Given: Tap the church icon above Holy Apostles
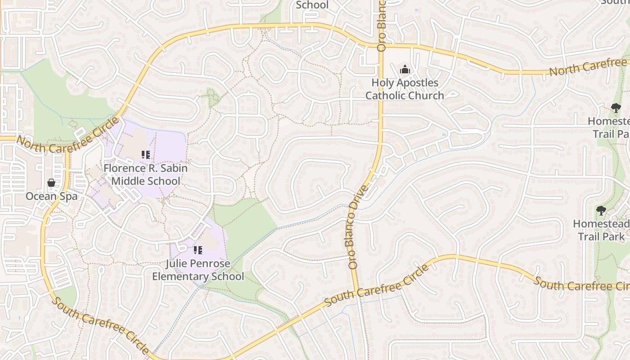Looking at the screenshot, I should tap(405, 70).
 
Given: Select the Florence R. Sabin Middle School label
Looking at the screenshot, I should tap(145, 175).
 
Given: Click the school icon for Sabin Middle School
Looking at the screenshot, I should tap(145, 155).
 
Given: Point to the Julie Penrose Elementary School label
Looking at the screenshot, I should tap(198, 270).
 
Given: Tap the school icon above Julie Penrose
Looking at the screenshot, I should tap(198, 250).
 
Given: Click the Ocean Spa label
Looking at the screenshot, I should tap(51, 196).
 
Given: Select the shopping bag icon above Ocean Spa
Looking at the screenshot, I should tap(51, 183).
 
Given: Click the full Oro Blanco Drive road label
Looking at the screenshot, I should tap(358, 227).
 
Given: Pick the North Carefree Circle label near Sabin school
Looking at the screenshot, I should tap(67, 135).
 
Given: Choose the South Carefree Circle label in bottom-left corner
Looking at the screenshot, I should tap(99, 325).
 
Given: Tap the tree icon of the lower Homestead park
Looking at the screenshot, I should tap(601, 210).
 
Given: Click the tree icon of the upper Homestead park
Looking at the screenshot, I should tap(616, 108).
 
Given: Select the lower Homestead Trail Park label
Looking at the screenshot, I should tap(601, 230).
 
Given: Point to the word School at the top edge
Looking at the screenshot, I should tap(312, 5).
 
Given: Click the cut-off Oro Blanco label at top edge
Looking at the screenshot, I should tap(382, 25).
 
